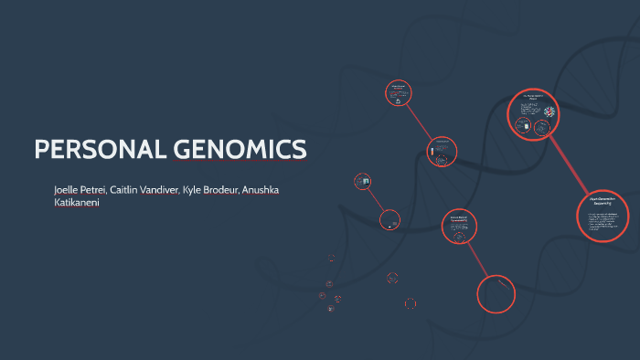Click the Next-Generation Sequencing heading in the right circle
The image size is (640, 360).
coord(601,200)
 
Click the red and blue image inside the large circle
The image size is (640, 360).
coord(550,112)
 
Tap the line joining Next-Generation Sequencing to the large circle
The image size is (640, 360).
coord(568,164)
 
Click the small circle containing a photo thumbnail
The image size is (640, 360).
coord(364,181)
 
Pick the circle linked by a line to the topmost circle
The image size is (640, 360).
coord(443,151)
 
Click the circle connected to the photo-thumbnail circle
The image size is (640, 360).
coord(389,219)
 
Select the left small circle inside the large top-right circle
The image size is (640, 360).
coord(527,116)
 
